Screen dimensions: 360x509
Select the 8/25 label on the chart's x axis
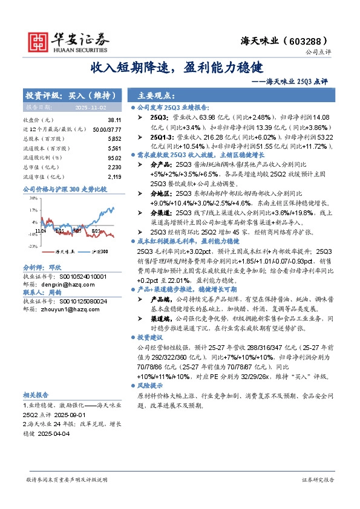point(96,231)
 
